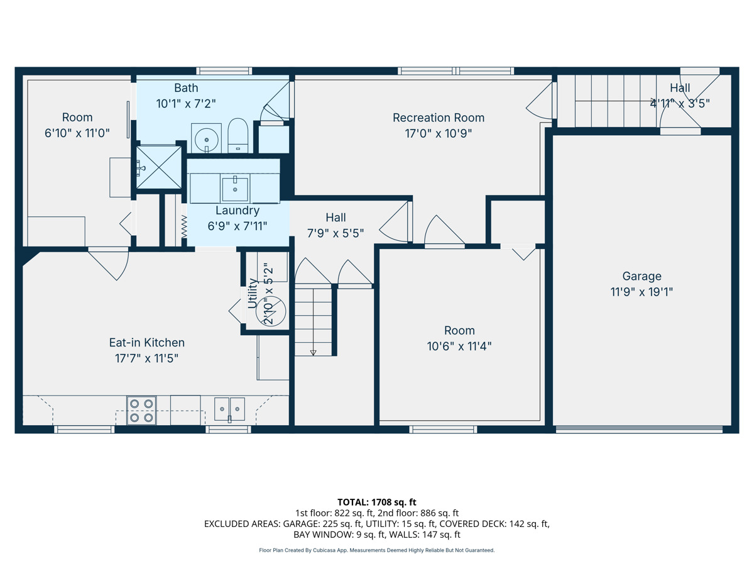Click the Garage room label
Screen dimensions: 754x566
(x=642, y=276)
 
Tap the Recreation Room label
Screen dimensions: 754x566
(x=439, y=118)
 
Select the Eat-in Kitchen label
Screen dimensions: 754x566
(x=146, y=342)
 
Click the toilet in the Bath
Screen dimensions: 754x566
(x=238, y=135)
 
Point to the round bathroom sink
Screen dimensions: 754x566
(x=207, y=139)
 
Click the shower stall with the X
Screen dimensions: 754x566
(x=159, y=167)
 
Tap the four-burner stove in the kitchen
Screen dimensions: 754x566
(x=141, y=410)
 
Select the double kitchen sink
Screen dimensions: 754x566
(x=229, y=409)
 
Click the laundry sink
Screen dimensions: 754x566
(x=235, y=189)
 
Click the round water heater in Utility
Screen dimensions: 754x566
(x=271, y=311)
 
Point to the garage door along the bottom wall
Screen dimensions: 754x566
(x=639, y=430)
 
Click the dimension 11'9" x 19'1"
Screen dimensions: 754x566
(x=642, y=292)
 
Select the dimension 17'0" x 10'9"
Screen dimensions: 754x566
(x=439, y=133)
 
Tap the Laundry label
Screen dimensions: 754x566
(x=238, y=210)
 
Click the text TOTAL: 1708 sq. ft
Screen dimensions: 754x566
(x=377, y=502)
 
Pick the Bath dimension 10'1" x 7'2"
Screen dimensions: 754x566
(x=186, y=103)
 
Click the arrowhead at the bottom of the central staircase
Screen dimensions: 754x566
(x=313, y=353)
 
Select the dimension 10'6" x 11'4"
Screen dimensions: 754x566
(x=459, y=346)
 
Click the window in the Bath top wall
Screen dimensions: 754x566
(x=224, y=71)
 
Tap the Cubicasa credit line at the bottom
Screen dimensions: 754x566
(x=377, y=550)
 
